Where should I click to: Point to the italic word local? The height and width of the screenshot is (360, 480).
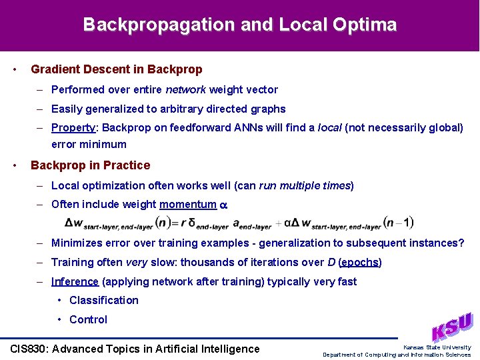pos(329,127)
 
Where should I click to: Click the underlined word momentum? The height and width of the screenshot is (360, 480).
pos(188,205)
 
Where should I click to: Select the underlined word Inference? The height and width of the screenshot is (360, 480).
pos(75,281)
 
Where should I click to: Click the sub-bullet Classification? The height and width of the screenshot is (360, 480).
pos(104,300)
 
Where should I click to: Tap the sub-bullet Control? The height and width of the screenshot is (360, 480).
pos(88,319)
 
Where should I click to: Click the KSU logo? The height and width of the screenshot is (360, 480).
pos(452,327)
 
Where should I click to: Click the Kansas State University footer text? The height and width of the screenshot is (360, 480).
pos(437,347)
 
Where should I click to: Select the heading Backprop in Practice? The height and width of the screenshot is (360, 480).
pos(91,165)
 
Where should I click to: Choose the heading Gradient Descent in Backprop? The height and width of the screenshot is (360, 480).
pos(117,69)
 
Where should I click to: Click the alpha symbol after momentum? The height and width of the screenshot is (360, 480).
pos(224,205)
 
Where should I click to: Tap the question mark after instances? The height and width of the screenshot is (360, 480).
pos(461,243)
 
